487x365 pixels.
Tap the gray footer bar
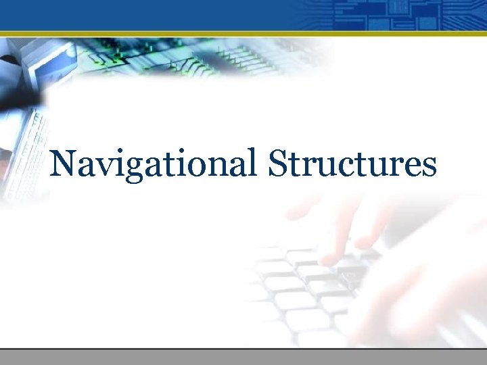click(243, 357)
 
